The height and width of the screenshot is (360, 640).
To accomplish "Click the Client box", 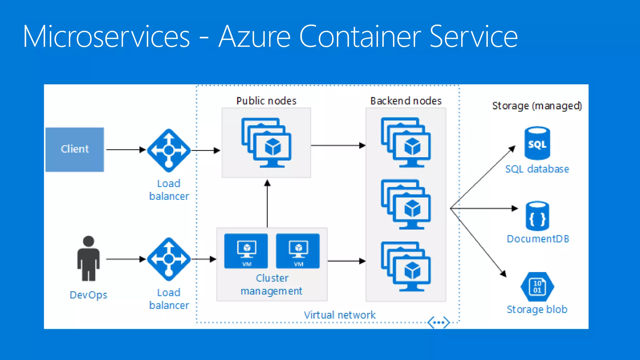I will tap(75, 149).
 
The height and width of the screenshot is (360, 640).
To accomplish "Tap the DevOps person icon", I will tap(88, 258).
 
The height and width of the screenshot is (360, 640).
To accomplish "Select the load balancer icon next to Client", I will tap(169, 150).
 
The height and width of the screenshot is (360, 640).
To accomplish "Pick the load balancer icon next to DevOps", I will tap(169, 259).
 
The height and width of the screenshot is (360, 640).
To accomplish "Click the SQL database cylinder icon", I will tap(537, 143).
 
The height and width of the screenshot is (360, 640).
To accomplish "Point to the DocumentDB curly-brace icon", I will tap(537, 216).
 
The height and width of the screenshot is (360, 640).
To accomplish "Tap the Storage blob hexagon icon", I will tap(537, 287).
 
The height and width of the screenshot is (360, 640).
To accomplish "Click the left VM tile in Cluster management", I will tap(246, 251).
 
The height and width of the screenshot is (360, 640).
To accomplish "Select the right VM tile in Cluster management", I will tap(298, 251).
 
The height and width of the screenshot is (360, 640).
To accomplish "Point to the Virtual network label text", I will tap(340, 315).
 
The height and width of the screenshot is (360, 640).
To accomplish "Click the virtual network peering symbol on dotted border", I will tap(439, 322).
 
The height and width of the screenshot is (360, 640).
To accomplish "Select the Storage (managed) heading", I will tap(537, 106).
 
